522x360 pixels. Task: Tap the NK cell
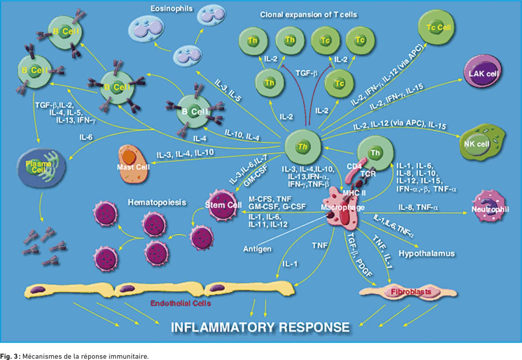pyautogui.click(x=481, y=144)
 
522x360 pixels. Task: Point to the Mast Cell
pyautogui.click(x=133, y=165)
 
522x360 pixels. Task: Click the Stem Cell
pyautogui.click(x=223, y=205)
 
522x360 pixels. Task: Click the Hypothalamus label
pyautogui.click(x=426, y=253)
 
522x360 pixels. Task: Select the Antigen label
pyautogui.click(x=257, y=249)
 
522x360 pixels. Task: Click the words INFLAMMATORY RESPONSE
pyautogui.click(x=260, y=327)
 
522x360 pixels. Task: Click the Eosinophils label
pyautogui.click(x=171, y=8)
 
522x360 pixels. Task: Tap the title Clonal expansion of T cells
pyautogui.click(x=308, y=15)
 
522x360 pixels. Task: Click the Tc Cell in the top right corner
pyautogui.click(x=438, y=27)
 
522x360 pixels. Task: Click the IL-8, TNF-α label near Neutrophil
pyautogui.click(x=418, y=207)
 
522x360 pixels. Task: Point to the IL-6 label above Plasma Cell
pyautogui.click(x=86, y=137)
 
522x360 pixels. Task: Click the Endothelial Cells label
pyautogui.click(x=180, y=303)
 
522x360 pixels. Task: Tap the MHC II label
pyautogui.click(x=354, y=193)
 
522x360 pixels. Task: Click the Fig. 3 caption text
pyautogui.click(x=74, y=356)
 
